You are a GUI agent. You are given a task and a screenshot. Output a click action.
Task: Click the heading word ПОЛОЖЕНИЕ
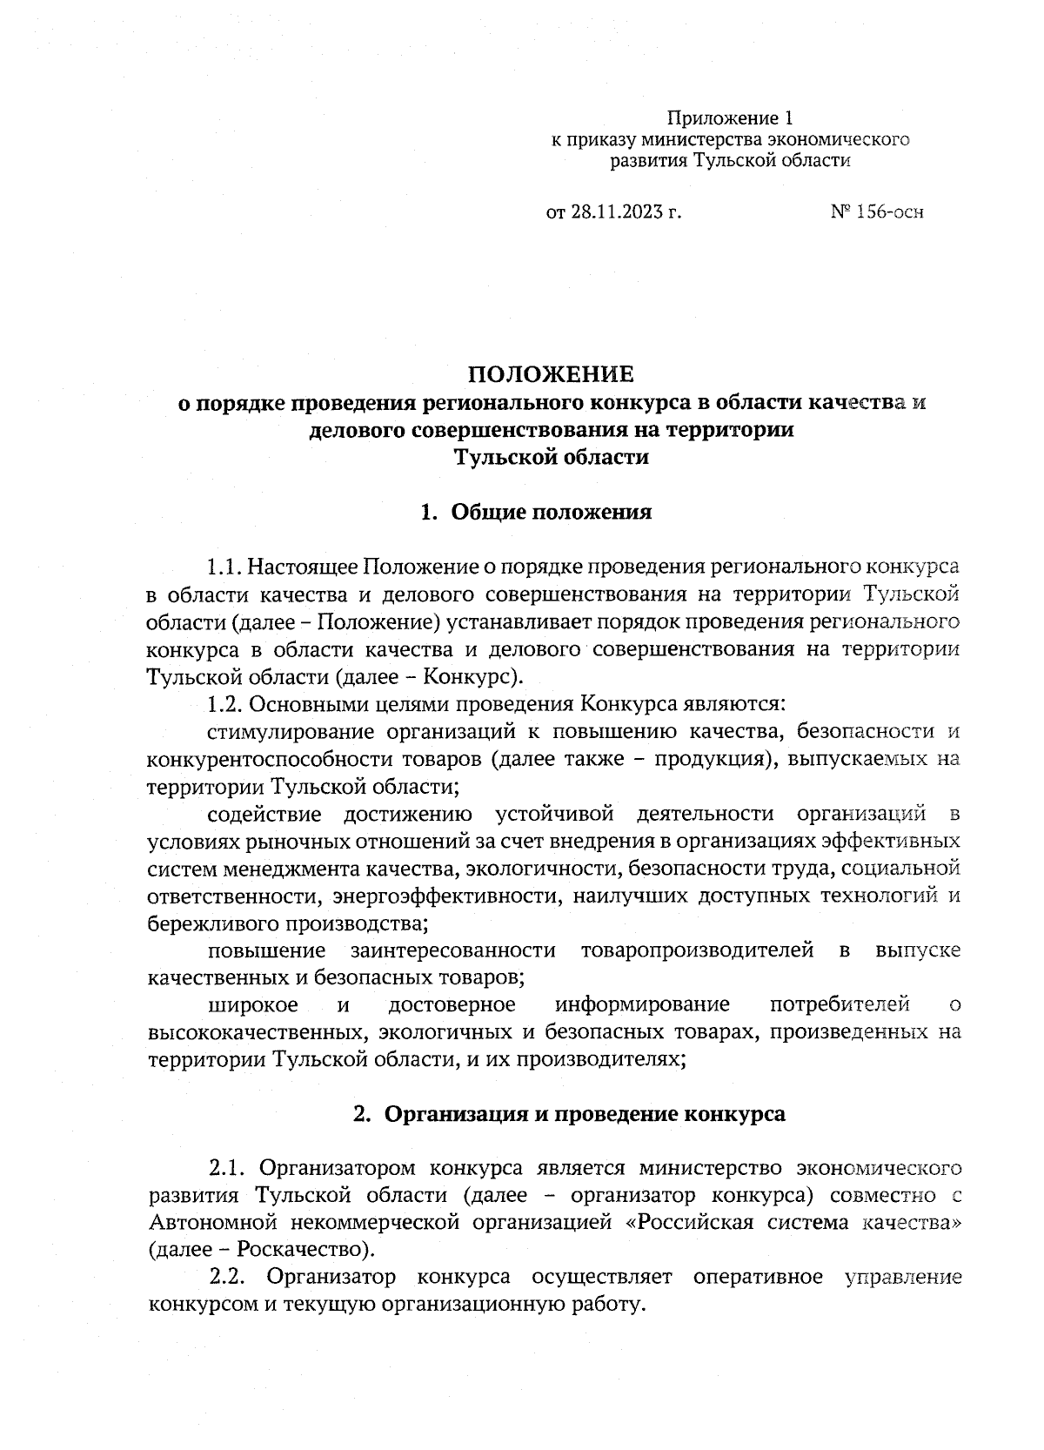tap(552, 374)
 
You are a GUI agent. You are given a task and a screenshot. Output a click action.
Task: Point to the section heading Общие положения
tap(551, 512)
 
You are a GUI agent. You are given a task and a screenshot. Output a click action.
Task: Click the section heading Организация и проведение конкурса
tap(585, 1114)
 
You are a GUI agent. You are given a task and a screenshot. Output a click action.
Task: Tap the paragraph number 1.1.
tap(224, 568)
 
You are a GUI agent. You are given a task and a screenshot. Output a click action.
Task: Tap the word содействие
tap(264, 814)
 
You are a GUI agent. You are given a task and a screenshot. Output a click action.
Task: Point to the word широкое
tap(253, 1004)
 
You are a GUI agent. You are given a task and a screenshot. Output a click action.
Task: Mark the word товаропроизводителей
tap(697, 950)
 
